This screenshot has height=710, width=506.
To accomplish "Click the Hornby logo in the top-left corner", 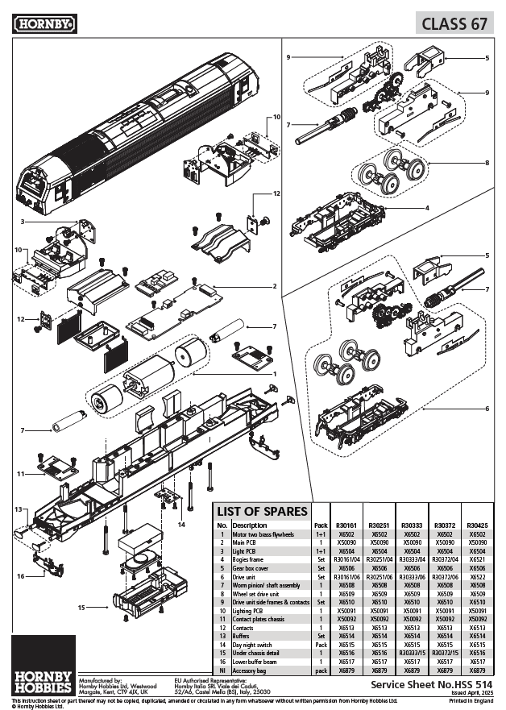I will [x=44, y=24].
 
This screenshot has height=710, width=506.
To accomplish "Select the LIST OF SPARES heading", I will [x=263, y=512].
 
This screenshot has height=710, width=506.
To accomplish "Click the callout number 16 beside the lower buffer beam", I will [x=20, y=575].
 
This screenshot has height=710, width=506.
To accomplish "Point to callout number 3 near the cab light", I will [x=23, y=221].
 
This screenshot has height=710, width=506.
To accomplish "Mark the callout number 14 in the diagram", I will [x=181, y=525].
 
